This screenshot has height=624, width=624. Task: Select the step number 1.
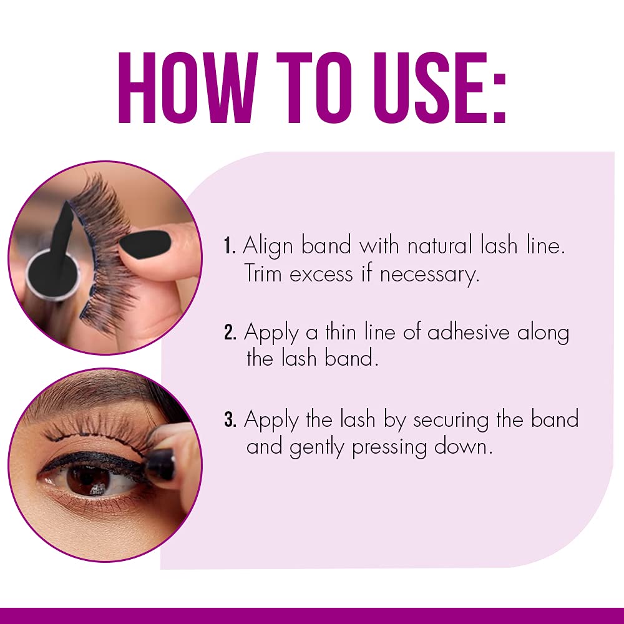pos(228,246)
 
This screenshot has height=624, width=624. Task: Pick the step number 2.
pos(229,333)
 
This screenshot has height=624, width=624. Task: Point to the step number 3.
pos(229,419)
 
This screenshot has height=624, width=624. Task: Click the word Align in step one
pos(268,246)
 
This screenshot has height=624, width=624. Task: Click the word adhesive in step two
pos(469,333)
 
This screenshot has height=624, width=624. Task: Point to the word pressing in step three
pos(397,448)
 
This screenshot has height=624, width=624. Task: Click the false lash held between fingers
pos(103,250)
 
